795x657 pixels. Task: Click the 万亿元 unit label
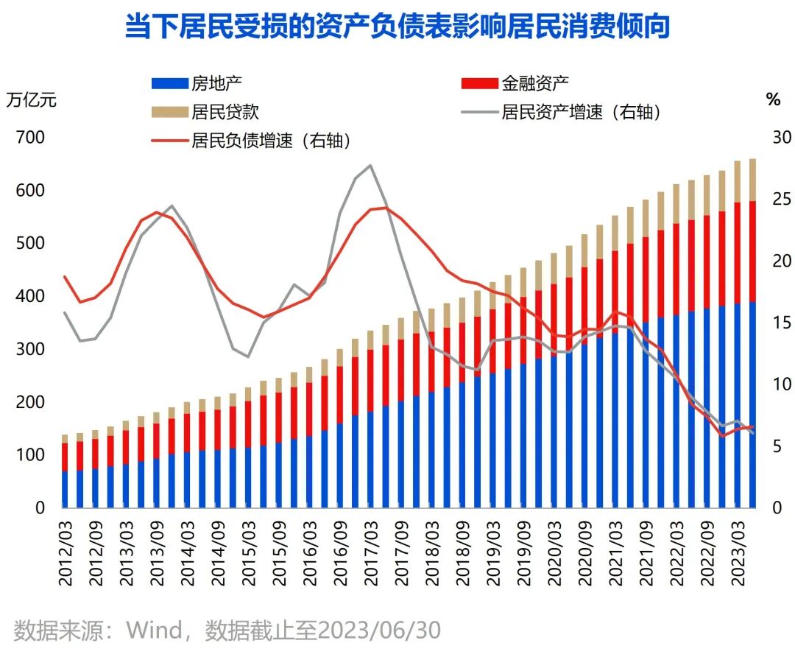tap(31, 100)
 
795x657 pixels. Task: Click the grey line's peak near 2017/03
tap(370, 166)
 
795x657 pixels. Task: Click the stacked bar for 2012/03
tap(65, 471)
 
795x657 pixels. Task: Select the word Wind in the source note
tap(153, 630)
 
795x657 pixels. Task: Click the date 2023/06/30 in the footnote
tap(382, 630)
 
